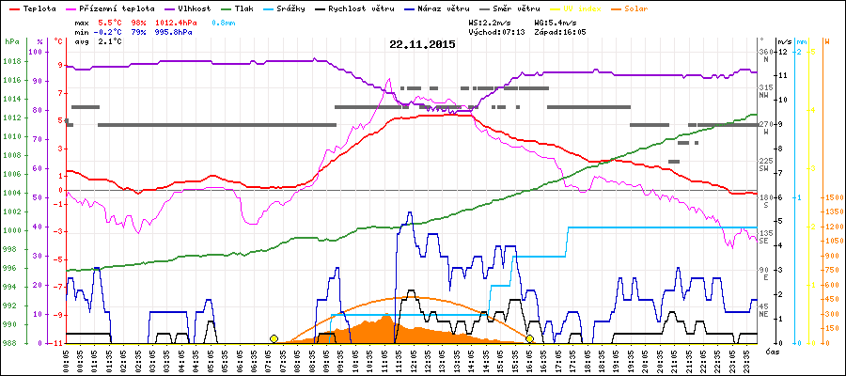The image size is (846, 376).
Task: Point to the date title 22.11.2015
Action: tap(423, 43)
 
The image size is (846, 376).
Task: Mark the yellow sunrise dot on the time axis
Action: tap(274, 338)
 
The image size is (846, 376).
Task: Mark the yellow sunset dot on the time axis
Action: tap(530, 338)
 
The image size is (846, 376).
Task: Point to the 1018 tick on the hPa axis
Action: tap(11, 62)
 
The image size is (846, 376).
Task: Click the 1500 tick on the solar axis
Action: tap(831, 198)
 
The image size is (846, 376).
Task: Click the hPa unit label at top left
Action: tap(11, 41)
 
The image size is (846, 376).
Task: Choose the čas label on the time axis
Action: tap(771, 352)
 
